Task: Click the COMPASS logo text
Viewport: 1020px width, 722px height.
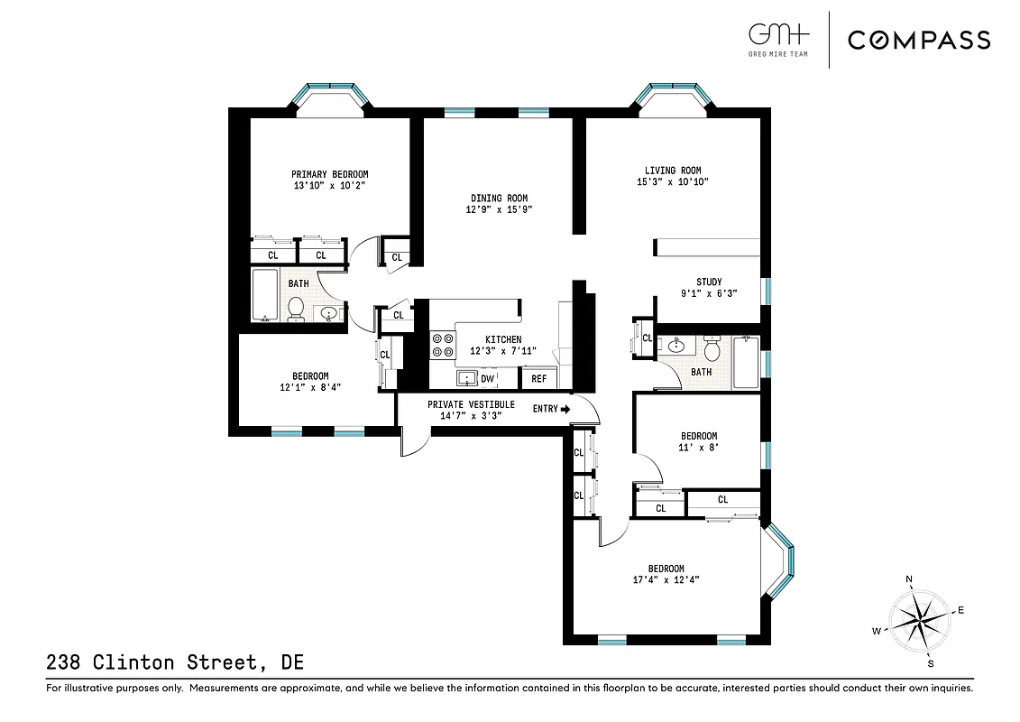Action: (918, 40)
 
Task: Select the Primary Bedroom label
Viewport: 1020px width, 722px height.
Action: (329, 174)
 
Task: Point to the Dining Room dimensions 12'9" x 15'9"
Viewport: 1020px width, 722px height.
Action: (499, 210)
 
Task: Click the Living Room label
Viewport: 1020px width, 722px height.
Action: (672, 171)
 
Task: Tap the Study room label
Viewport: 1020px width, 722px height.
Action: (708, 282)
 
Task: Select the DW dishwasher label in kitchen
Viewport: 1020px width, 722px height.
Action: (487, 379)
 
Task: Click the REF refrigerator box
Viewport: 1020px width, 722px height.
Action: (538, 379)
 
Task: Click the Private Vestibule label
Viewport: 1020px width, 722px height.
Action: (471, 404)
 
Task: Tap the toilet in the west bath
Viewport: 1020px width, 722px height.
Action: (295, 310)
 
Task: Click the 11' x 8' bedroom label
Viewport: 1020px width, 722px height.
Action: (698, 436)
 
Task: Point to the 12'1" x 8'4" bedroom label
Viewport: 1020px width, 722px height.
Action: (309, 376)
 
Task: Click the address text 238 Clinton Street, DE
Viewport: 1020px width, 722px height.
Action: (174, 663)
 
